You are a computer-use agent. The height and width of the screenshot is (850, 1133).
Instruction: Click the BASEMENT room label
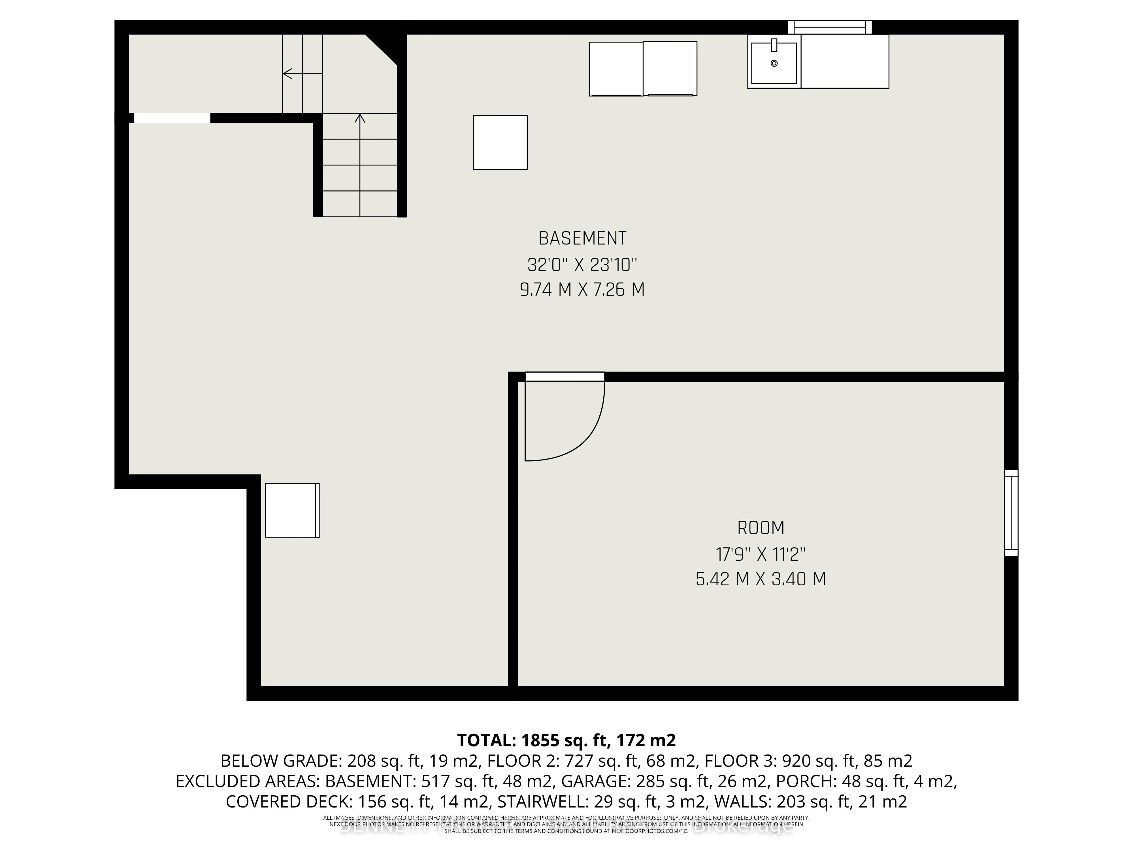pos(582,238)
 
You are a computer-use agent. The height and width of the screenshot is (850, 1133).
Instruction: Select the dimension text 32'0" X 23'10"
pos(582,265)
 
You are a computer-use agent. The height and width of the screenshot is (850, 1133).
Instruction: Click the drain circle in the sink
pos(774,63)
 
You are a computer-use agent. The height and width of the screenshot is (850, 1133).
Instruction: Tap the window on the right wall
pos(1011,512)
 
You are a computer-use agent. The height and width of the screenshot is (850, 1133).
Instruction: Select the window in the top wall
pos(829,27)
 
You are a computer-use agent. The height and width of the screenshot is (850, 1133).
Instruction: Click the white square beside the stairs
pos(500,143)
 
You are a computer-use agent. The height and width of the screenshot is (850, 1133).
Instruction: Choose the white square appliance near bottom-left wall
pos(291,510)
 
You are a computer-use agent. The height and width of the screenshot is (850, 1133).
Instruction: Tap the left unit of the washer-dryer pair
pos(616,69)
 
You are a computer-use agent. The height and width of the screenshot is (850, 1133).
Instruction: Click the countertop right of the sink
pos(845,61)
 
